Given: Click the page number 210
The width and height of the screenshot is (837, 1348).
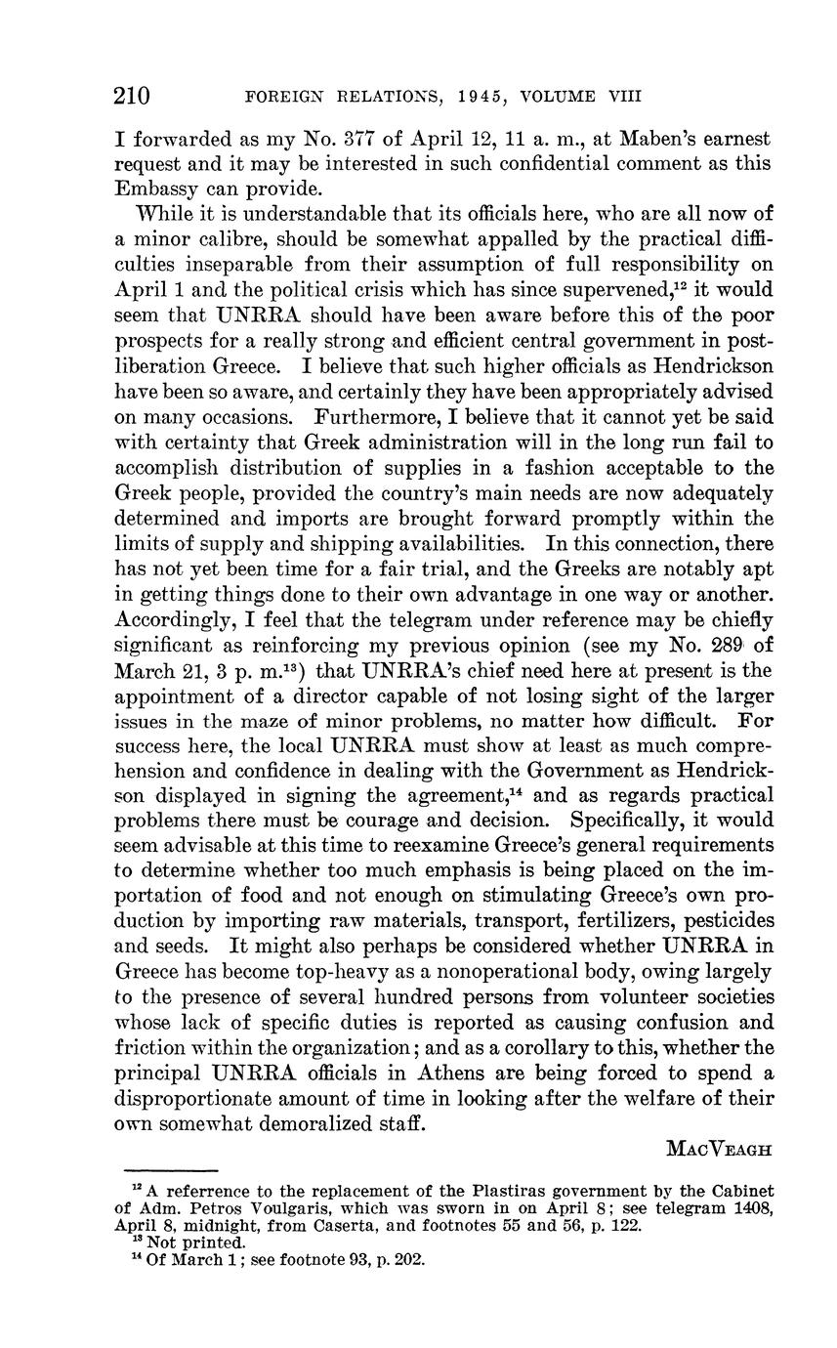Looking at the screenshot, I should click(132, 96).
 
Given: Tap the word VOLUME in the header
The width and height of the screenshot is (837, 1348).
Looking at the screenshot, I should click(557, 97).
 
